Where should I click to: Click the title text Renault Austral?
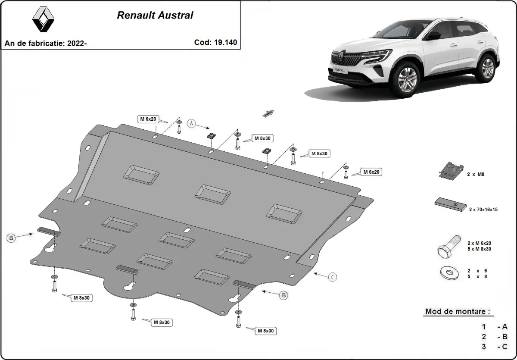[155, 16]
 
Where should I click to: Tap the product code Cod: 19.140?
[215, 42]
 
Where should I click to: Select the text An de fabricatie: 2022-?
[46, 43]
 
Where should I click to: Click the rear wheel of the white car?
[487, 68]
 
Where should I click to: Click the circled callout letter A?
[192, 124]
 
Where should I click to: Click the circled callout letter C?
[333, 277]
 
